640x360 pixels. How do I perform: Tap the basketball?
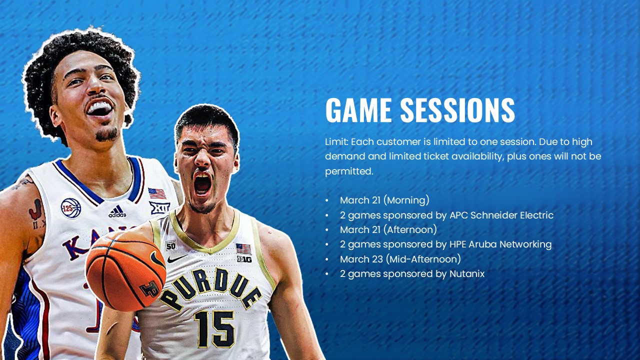(125, 270)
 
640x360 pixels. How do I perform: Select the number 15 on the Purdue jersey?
(214, 328)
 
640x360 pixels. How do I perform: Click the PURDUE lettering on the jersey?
(210, 289)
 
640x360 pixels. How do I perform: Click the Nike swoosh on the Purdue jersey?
(177, 258)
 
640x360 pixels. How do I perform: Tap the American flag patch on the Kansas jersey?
(157, 193)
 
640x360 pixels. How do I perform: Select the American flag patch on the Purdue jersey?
(243, 248)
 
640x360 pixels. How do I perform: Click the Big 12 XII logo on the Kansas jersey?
(159, 207)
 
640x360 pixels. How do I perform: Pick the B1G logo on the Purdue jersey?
(244, 259)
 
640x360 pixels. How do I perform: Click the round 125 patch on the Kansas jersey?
(71, 207)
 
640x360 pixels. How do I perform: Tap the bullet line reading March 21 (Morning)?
(384, 200)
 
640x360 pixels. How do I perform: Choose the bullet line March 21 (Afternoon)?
(388, 229)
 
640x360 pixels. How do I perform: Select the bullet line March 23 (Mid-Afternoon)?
(400, 259)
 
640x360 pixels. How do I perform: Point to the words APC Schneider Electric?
(501, 215)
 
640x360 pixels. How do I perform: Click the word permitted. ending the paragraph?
(349, 171)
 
